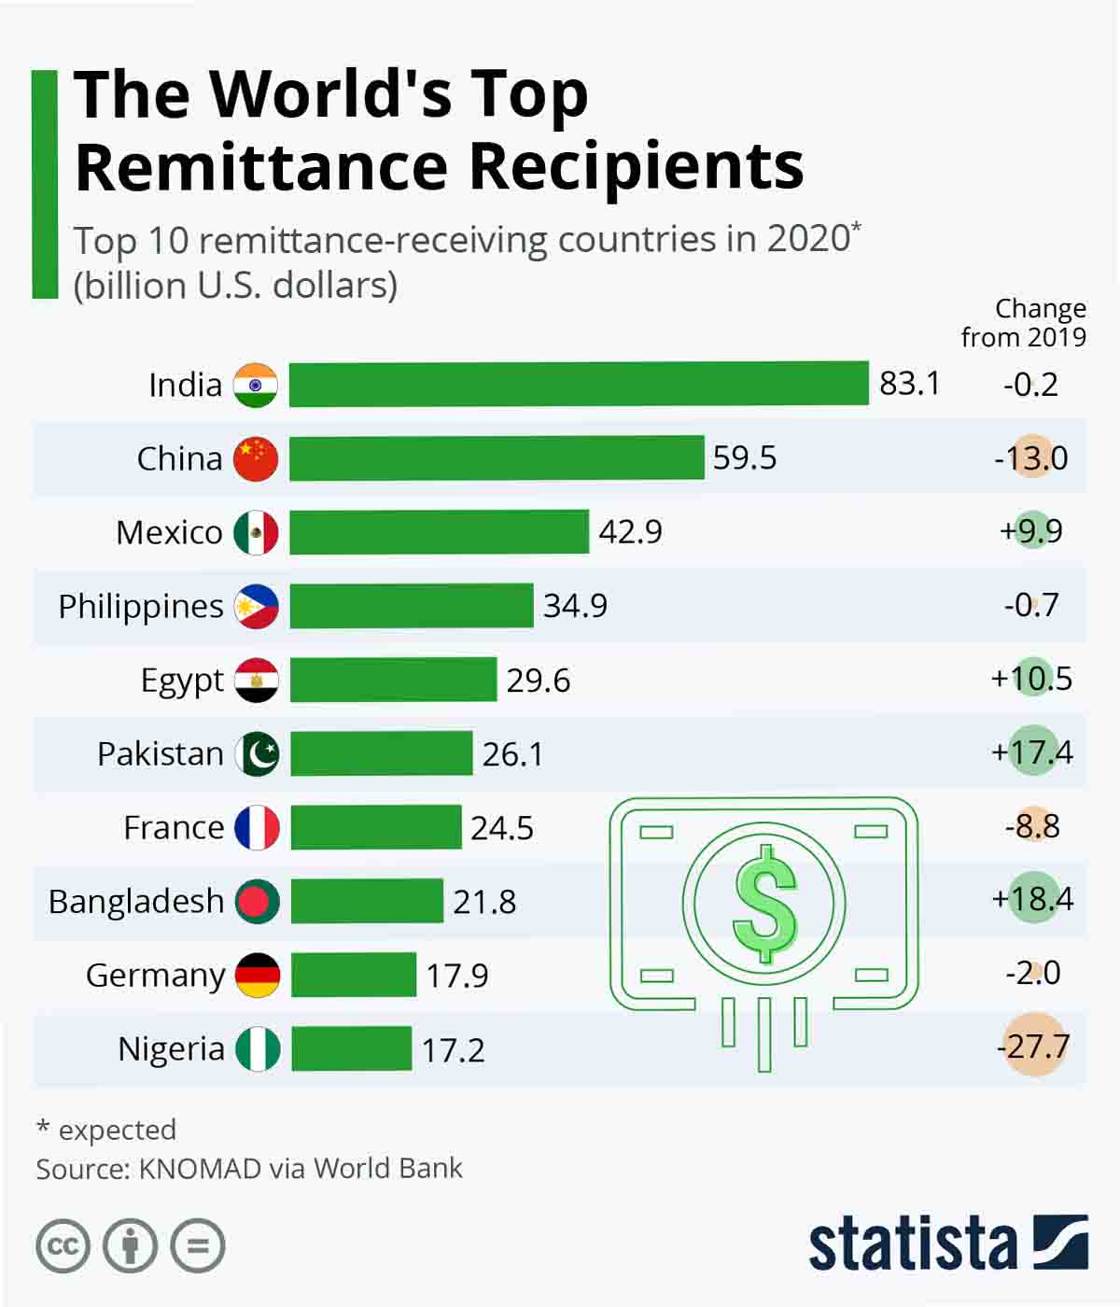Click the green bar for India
[x=579, y=385]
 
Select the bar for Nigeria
[x=352, y=1048]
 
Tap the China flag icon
[x=256, y=458]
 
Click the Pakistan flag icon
[x=257, y=753]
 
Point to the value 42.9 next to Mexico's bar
[x=630, y=532]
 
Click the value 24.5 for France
[x=502, y=828]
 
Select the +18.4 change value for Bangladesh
[x=1032, y=899]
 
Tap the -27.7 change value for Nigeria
[x=1033, y=1047]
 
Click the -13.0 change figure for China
[x=1031, y=458]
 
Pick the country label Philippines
[x=141, y=607]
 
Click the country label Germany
[x=155, y=976]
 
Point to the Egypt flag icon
[x=257, y=680]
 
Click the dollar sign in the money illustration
[x=764, y=904]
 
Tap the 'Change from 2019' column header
[x=1024, y=323]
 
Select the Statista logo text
[x=912, y=1244]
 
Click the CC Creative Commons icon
[x=63, y=1246]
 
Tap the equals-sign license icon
[x=198, y=1246]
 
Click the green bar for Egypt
[x=393, y=680]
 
